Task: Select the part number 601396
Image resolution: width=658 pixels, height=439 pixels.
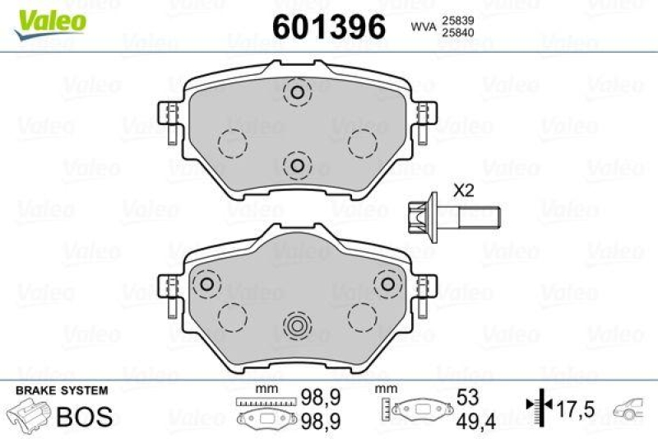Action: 328,26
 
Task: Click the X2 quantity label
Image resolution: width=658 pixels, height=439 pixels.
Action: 465,190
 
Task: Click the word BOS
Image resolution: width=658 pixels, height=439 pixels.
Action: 83,416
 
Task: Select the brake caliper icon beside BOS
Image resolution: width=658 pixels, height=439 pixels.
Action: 29,414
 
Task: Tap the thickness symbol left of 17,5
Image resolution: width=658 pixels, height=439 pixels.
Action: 535,407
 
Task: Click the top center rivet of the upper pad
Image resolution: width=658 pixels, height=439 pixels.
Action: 296,92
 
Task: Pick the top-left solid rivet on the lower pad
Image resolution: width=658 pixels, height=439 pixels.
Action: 206,284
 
